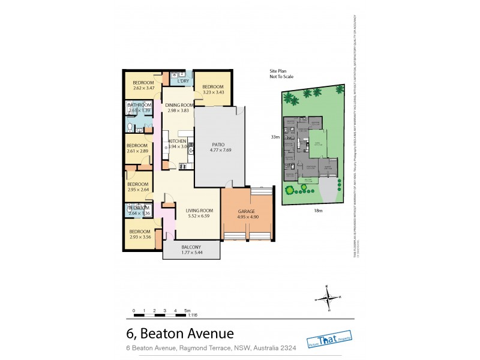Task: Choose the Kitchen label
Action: (178, 143)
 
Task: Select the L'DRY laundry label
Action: (183, 81)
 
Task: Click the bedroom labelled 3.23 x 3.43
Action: (213, 89)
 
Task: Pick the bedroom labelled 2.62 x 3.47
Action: (144, 85)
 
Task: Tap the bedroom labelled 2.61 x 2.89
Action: (137, 148)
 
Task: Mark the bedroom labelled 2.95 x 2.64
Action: (137, 187)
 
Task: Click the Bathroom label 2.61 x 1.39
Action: (139, 107)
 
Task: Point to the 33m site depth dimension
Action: (275, 137)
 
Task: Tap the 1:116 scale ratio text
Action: (193, 314)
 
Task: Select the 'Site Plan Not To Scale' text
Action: (281, 74)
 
